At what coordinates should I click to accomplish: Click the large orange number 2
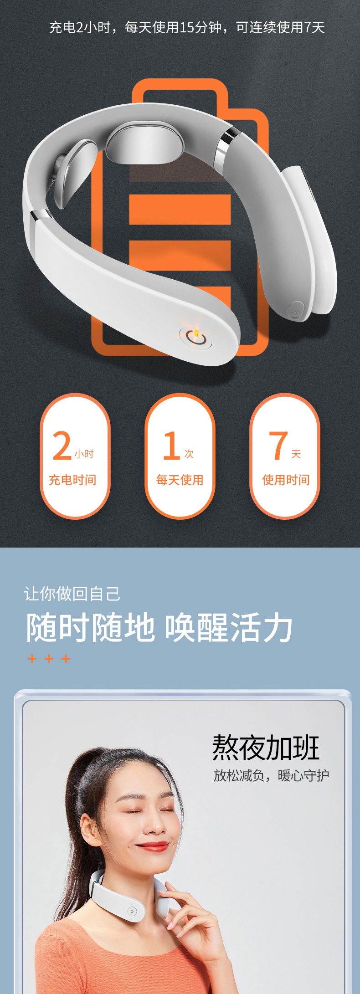coord(62,446)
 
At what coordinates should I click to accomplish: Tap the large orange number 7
coord(278,446)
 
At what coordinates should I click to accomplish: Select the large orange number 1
coord(171,446)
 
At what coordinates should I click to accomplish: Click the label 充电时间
coord(72,480)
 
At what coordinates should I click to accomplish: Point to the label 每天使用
coord(180,480)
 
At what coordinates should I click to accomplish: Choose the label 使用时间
coord(286,480)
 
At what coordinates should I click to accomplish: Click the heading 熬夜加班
coord(266,748)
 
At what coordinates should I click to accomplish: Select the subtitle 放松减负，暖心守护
coord(271,775)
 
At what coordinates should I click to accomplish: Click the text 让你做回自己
coord(72,594)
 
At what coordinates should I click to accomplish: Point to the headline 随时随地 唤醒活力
coord(159,627)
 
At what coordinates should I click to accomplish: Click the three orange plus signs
coord(49,658)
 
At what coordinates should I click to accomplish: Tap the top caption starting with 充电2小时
coord(187,28)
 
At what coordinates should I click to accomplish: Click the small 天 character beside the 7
coord(296,454)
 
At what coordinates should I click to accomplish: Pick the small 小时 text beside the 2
coord(84,454)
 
